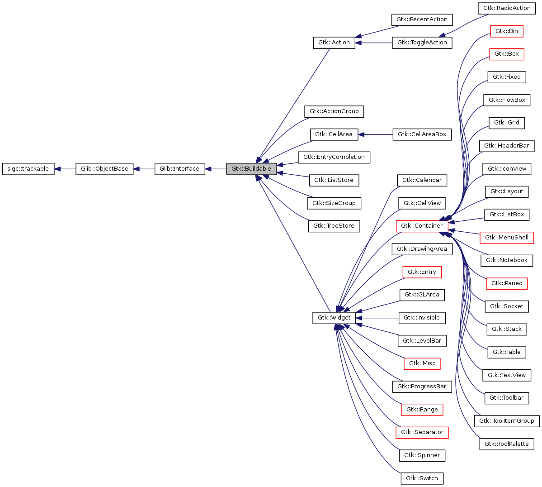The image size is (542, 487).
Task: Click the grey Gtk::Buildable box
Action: point(251,169)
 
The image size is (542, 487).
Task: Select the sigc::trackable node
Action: point(28,169)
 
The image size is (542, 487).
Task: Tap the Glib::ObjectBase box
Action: point(104,169)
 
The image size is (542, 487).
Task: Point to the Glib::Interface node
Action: point(179,169)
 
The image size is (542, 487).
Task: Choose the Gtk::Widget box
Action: point(334,318)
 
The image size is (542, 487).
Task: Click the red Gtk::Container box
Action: point(422,226)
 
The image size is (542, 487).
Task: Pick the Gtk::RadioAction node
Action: point(507,8)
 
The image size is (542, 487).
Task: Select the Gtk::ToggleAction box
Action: point(422,43)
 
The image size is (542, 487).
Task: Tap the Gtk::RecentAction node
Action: point(422,19)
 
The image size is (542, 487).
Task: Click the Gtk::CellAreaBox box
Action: point(422,134)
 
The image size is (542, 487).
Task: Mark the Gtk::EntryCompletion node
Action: point(334,157)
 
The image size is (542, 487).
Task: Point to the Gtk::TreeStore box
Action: point(334,226)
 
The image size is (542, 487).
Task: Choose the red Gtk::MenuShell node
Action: point(507,238)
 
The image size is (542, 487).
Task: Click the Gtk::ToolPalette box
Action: point(507,444)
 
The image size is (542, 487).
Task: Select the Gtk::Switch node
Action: point(422,478)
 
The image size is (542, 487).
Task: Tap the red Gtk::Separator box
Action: point(422,432)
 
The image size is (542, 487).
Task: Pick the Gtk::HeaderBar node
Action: point(507,146)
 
